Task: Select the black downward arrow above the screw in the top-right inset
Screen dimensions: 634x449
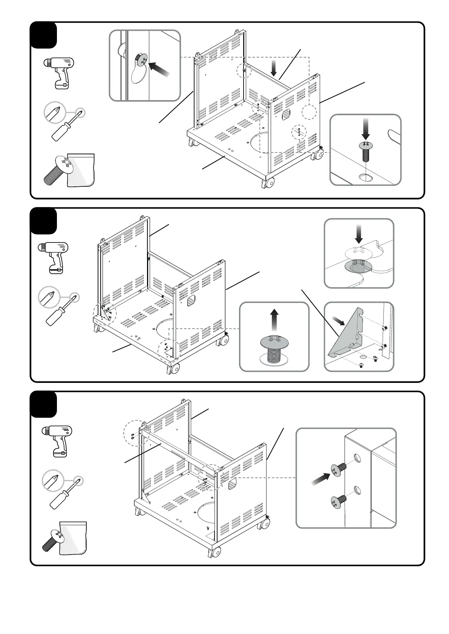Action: [365, 129]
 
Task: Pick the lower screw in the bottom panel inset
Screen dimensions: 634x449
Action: [338, 502]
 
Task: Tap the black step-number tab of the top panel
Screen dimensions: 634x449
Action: [43, 35]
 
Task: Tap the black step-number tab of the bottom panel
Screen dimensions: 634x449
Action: [43, 404]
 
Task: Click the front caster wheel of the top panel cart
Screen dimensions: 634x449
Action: [269, 184]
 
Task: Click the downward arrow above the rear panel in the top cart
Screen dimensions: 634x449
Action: [274, 69]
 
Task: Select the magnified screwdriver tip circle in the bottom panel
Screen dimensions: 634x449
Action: [53, 480]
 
